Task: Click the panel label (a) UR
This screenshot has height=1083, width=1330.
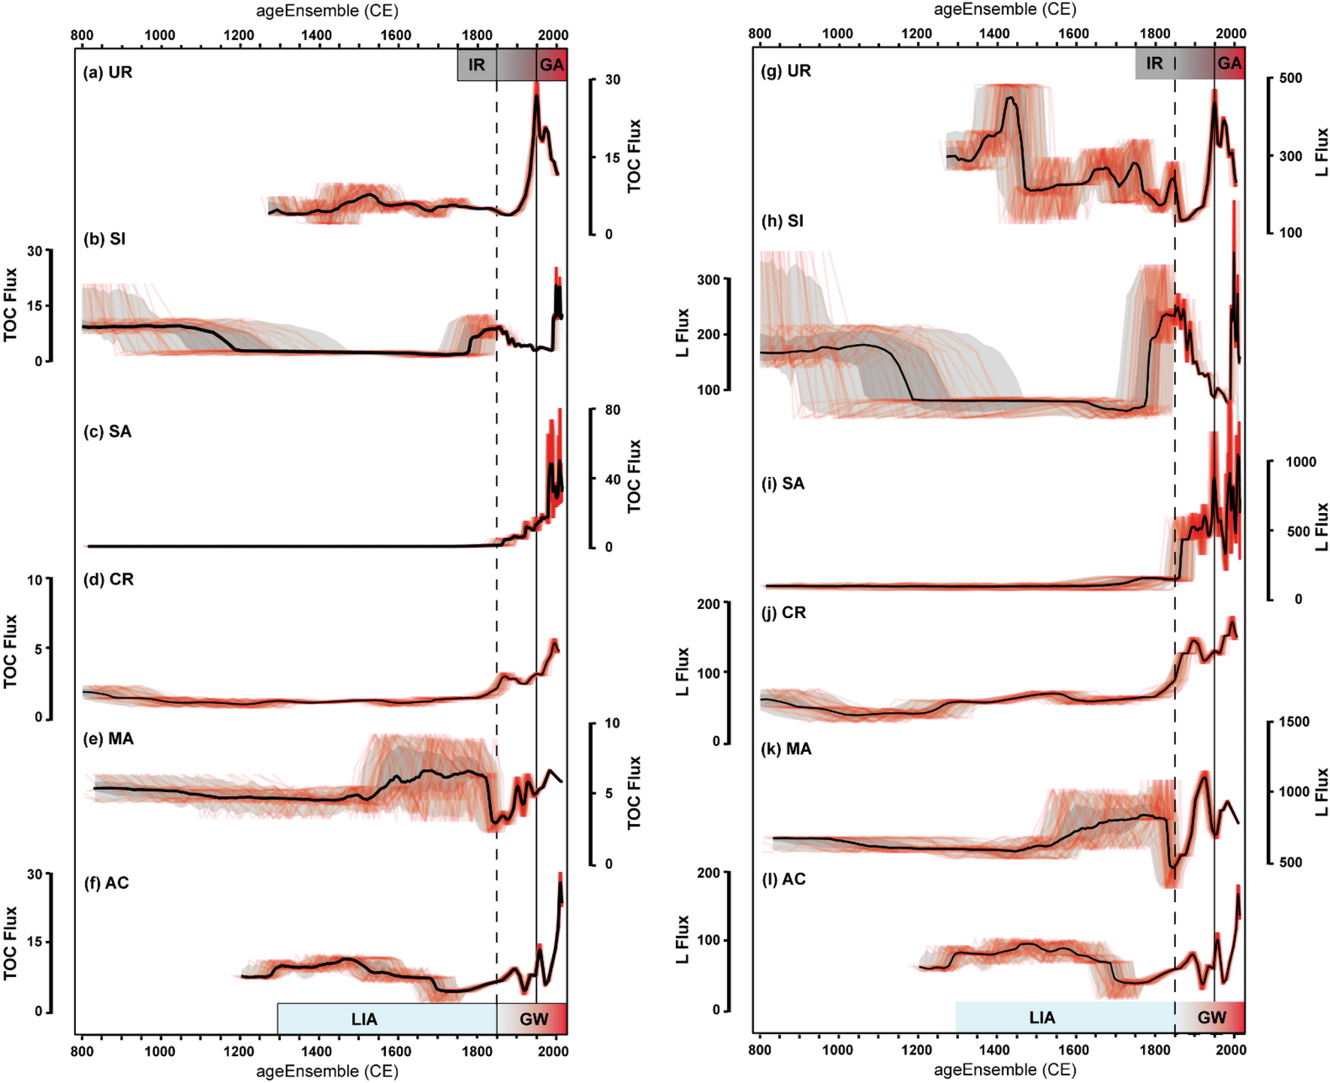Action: point(107,73)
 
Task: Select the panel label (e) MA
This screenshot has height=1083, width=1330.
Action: point(108,739)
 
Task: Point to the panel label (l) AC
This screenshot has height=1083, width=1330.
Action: point(783,879)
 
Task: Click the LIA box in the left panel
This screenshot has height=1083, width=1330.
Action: point(364,1019)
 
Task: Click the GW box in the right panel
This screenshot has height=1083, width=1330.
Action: point(1211,1018)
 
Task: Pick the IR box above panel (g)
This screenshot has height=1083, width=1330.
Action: point(1154,64)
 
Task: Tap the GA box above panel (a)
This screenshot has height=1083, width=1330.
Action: point(551,65)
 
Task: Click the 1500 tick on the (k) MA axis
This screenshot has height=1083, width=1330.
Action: point(1294,722)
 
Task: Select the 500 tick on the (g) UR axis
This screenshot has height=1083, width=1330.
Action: point(1290,78)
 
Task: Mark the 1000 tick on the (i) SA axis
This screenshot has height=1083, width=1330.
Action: point(1301,462)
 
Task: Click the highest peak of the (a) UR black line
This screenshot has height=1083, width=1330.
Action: point(536,95)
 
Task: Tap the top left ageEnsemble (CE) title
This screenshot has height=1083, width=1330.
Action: point(327,11)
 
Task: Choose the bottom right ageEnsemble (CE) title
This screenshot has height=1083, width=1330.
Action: point(1005,1069)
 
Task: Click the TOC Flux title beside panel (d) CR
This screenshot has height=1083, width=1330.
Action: point(11,650)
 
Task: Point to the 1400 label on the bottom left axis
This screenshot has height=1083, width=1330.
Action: point(317,1051)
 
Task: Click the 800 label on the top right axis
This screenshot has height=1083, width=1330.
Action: point(759,34)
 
